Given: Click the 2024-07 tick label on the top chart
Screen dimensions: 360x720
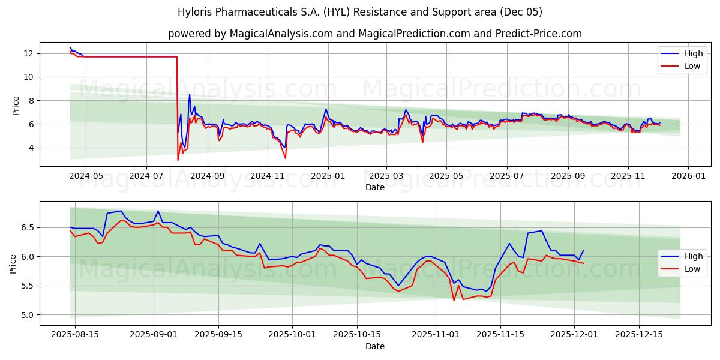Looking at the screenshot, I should pyautogui.click(x=147, y=176).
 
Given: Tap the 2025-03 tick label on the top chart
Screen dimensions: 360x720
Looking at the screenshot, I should pyautogui.click(x=386, y=176).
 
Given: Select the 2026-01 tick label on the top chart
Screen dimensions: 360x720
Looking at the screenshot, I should pyautogui.click(x=688, y=176).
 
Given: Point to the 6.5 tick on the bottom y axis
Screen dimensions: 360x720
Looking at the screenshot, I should pyautogui.click(x=28, y=228).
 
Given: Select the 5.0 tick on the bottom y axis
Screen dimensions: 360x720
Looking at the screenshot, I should pyautogui.click(x=28, y=315).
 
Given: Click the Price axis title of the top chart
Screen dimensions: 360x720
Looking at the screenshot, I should pyautogui.click(x=16, y=105).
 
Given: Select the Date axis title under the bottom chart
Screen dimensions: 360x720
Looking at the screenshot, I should pyautogui.click(x=375, y=346).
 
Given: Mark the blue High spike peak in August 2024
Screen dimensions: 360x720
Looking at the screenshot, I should pyautogui.click(x=190, y=94).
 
